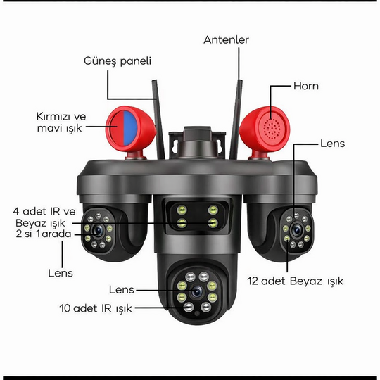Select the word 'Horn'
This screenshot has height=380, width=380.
click(x=306, y=87)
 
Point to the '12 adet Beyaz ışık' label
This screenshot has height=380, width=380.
click(x=296, y=281)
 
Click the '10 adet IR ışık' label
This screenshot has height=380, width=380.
click(x=96, y=308)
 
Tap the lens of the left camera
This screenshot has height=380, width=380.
click(x=96, y=229)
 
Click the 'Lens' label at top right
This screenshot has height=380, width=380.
click(x=332, y=143)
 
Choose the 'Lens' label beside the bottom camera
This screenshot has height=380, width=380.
click(x=122, y=289)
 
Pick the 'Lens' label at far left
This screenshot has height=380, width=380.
click(x=61, y=271)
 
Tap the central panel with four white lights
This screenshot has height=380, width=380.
click(x=194, y=215)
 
